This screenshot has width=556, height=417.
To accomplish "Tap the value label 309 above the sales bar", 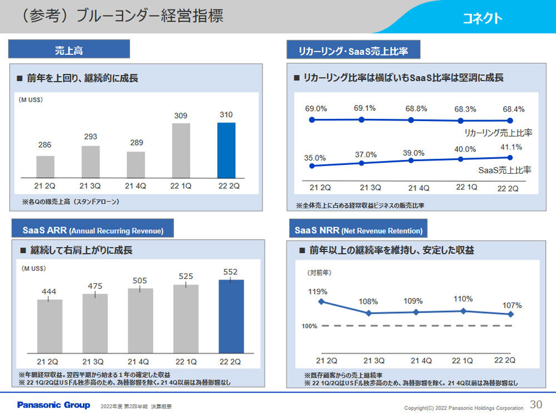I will click(x=181, y=115).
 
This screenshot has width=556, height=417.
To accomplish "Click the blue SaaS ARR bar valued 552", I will click(x=231, y=316).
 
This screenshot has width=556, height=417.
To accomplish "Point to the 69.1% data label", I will click(x=365, y=108).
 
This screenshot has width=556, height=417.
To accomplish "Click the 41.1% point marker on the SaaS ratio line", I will click(x=510, y=157).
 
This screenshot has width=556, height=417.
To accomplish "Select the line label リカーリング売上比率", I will click(x=498, y=133).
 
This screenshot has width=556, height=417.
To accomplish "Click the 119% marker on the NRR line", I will click(x=320, y=302).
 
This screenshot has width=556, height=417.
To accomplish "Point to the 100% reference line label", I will click(x=310, y=326).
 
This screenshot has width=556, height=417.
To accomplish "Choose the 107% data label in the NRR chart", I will click(x=512, y=306).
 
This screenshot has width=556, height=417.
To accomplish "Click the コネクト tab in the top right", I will click(x=482, y=18).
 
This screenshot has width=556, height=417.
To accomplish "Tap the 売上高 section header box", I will click(x=69, y=49).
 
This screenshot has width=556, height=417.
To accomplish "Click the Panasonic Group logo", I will click(x=53, y=405).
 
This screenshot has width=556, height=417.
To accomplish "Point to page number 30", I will click(x=536, y=404).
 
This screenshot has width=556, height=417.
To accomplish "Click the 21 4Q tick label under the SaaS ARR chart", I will click(x=140, y=361).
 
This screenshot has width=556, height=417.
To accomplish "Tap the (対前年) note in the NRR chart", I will click(x=319, y=273).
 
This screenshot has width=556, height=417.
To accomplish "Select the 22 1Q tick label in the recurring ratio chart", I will click(x=466, y=187).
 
